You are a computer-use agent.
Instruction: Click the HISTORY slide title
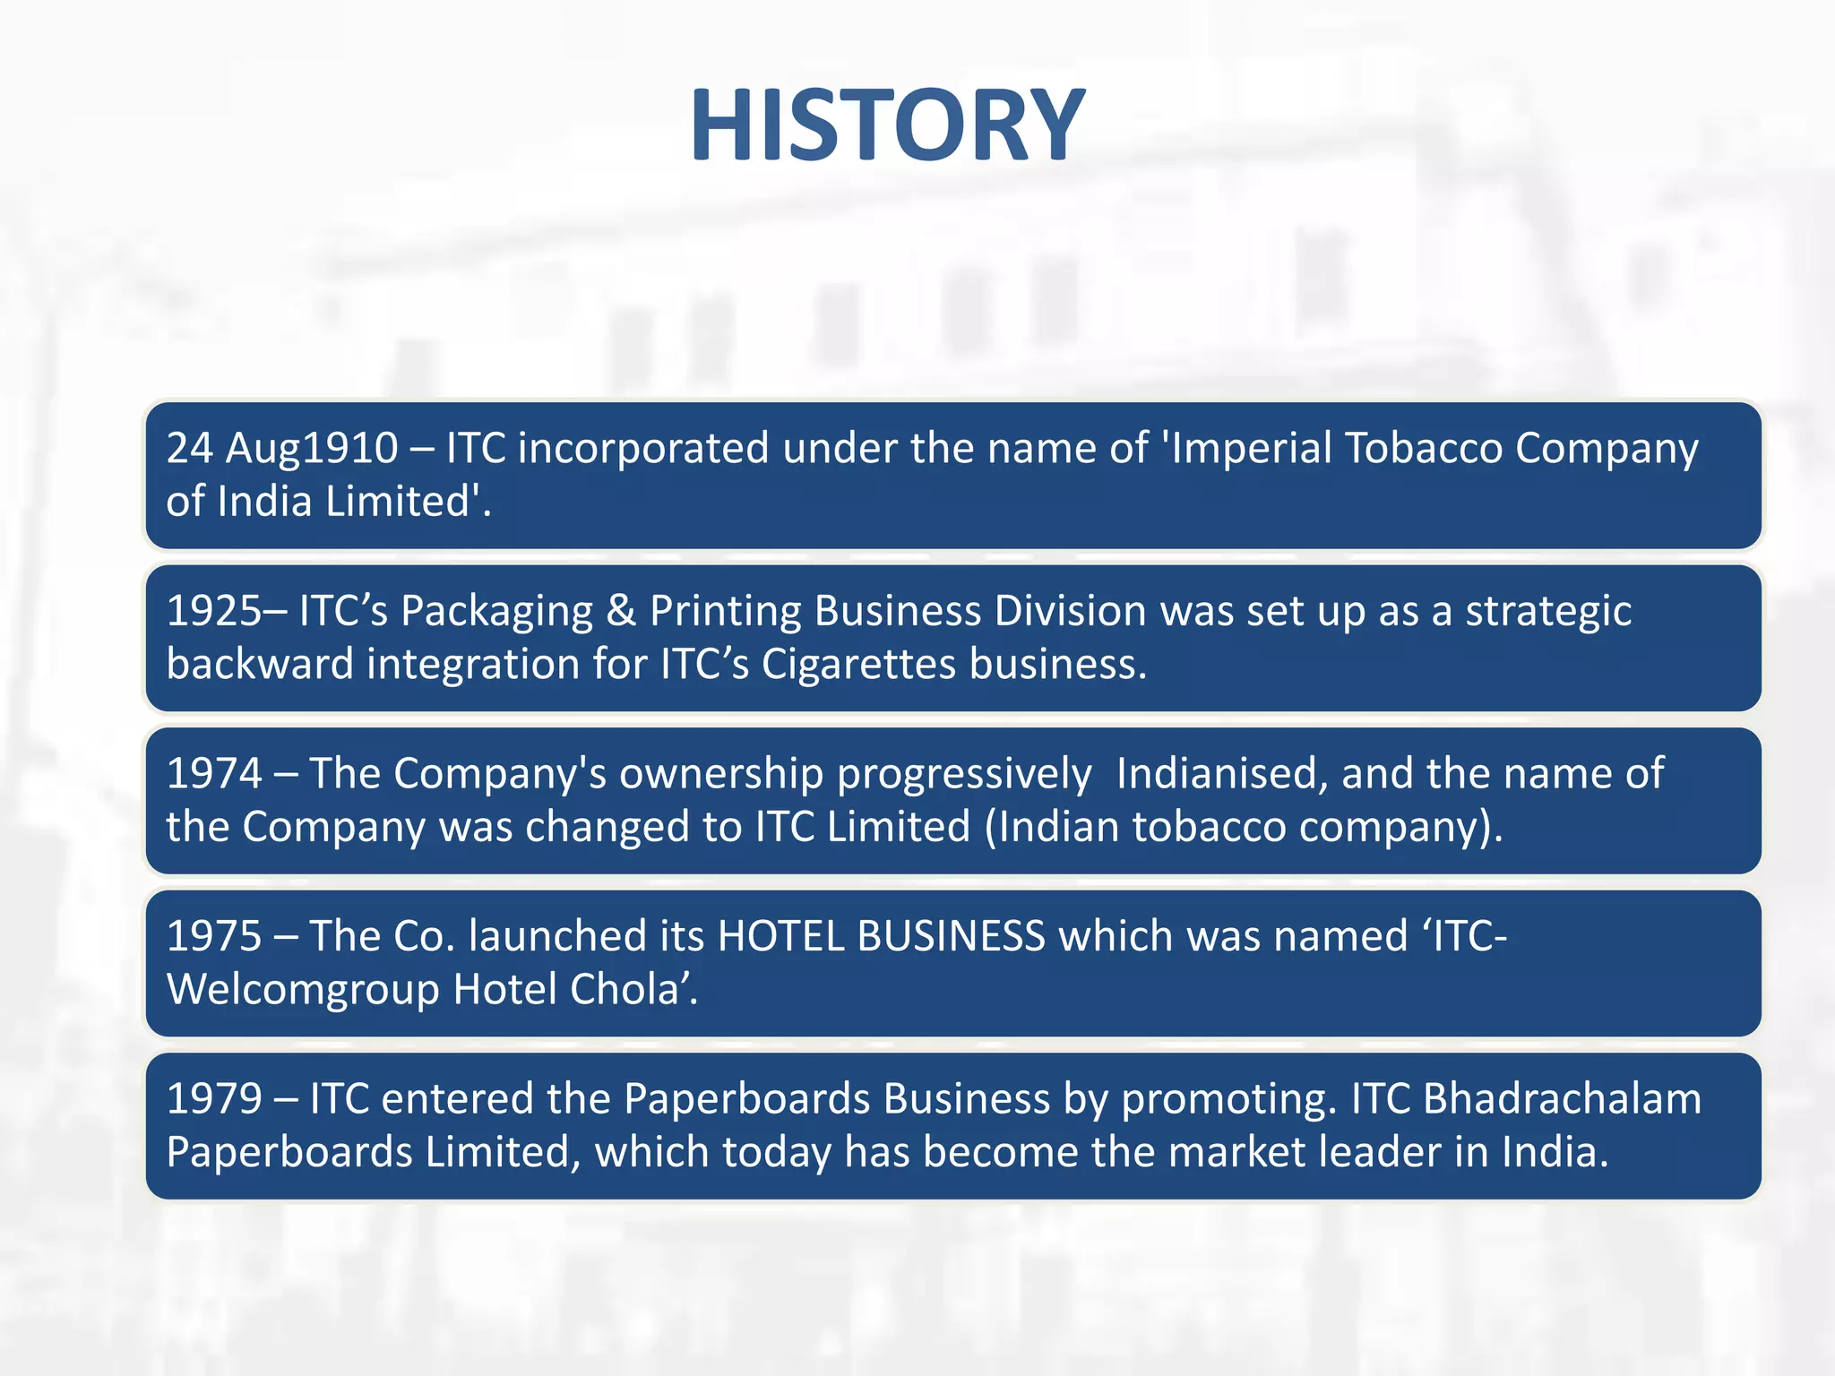[887, 125]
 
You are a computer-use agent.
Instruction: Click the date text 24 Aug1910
[282, 449]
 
